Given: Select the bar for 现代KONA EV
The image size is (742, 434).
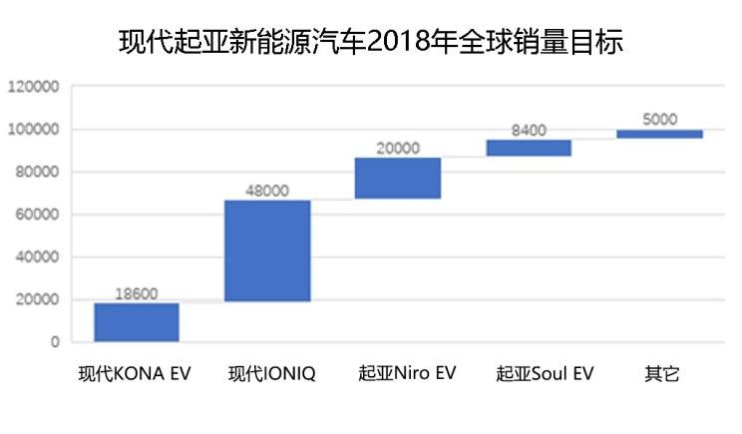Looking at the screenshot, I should point(137,322).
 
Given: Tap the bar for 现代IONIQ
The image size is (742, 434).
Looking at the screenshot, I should point(267,251).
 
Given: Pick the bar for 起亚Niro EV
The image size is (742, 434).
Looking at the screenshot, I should point(398,179).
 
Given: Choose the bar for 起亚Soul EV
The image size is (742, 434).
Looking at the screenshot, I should point(529,148).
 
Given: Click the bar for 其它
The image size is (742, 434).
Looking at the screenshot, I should point(659,134).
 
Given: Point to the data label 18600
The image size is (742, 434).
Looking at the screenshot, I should point(137,293).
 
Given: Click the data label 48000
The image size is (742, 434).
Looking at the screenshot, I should point(267,191).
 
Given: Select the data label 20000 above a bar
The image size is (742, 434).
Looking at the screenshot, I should point(398,148).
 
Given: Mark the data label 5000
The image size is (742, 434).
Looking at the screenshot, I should point(659,119).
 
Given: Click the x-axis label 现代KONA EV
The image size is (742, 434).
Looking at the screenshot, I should point(136,374).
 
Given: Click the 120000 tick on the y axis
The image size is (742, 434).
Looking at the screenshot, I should point(34,87).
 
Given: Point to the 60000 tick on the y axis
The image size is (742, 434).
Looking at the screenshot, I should point(38,215).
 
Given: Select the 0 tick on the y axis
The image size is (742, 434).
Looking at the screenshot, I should point(54,342).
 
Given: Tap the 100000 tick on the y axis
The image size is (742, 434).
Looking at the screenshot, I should point(34,130).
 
